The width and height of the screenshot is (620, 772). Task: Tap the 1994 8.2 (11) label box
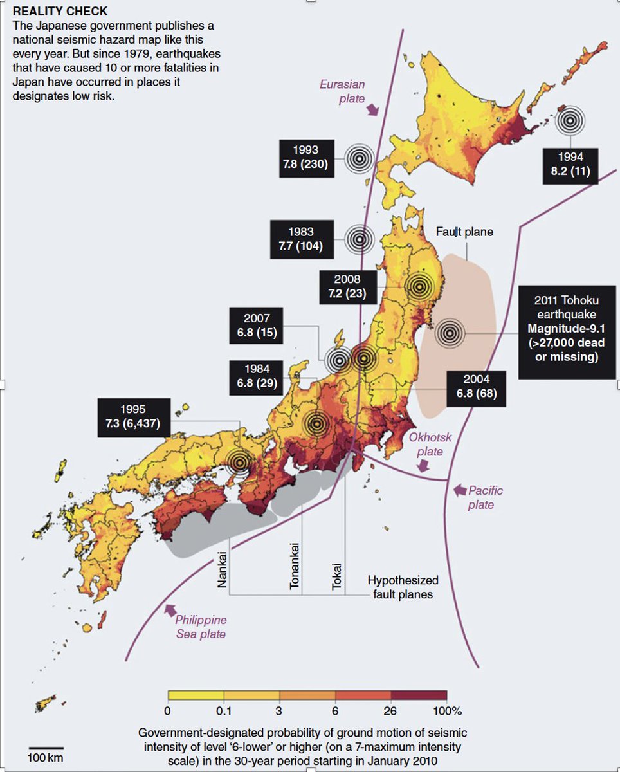coord(570,165)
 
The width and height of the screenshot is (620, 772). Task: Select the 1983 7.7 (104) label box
coord(302,239)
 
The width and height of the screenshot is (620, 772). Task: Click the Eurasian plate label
coord(343,91)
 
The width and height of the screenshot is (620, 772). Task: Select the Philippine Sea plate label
coord(201,627)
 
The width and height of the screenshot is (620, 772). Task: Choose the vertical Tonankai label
coord(296,566)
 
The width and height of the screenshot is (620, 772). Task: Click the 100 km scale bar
coord(46,748)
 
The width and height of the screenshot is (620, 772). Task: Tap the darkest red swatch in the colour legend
coord(419,695)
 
